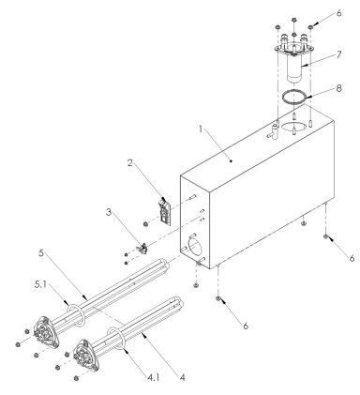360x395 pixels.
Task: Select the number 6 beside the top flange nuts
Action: coord(339,16)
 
